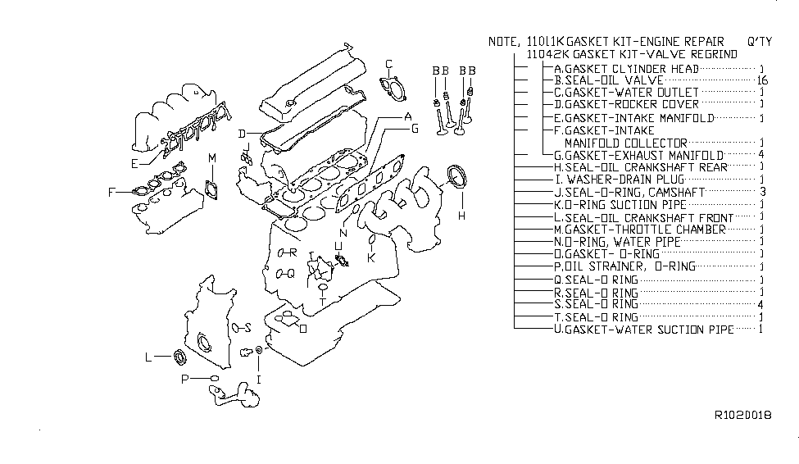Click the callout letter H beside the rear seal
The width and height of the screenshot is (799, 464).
[x=461, y=216]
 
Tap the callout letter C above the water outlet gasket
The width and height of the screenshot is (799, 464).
[x=389, y=64]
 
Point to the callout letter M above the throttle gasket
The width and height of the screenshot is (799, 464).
[x=211, y=157]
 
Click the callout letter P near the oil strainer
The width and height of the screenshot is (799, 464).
[x=186, y=379]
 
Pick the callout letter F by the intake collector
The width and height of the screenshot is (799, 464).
[x=111, y=193]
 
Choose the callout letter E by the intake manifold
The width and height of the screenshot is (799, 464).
[x=134, y=163]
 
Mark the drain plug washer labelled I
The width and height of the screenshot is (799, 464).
[x=259, y=353]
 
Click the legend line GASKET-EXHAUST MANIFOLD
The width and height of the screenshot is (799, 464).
[x=638, y=155]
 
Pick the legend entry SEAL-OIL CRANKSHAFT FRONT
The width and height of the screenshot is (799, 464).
[x=644, y=217]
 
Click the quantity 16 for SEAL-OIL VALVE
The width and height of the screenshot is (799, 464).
[x=762, y=80]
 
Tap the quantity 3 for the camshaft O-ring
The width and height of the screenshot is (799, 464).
[x=762, y=191]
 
